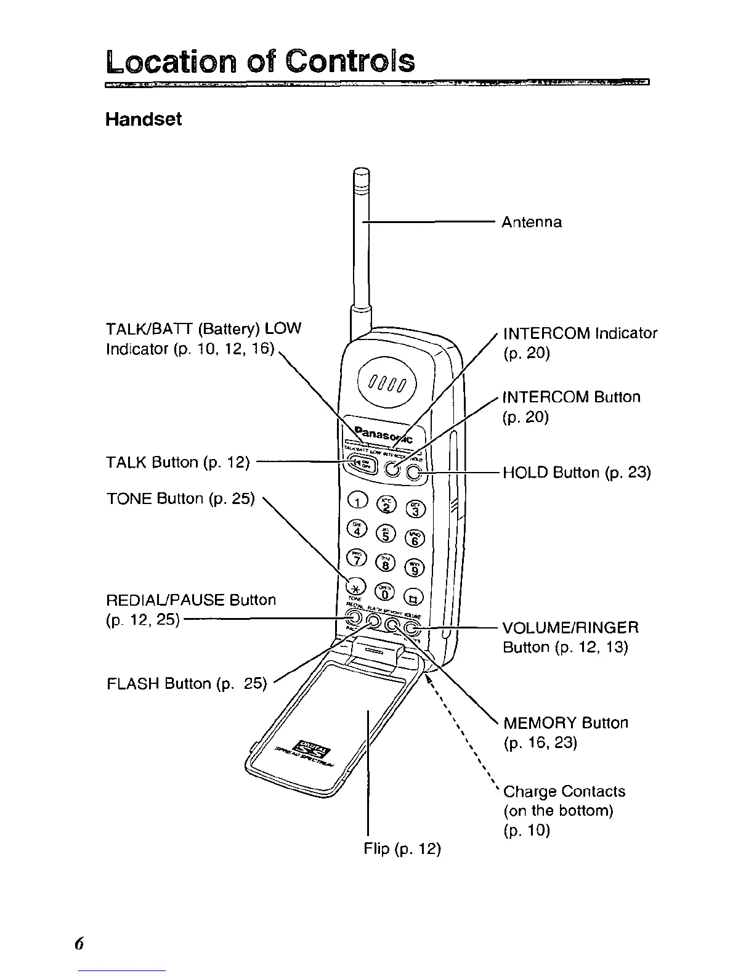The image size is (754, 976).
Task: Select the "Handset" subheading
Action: [x=143, y=119]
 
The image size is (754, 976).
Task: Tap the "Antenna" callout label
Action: [x=532, y=222]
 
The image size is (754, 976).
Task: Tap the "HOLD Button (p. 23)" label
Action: [x=577, y=473]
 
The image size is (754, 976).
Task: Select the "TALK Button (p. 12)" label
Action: [x=177, y=462]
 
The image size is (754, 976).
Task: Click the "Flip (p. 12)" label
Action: [x=402, y=849]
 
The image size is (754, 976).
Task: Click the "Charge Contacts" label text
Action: [x=564, y=791]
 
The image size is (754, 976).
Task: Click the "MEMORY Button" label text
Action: [x=565, y=723]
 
